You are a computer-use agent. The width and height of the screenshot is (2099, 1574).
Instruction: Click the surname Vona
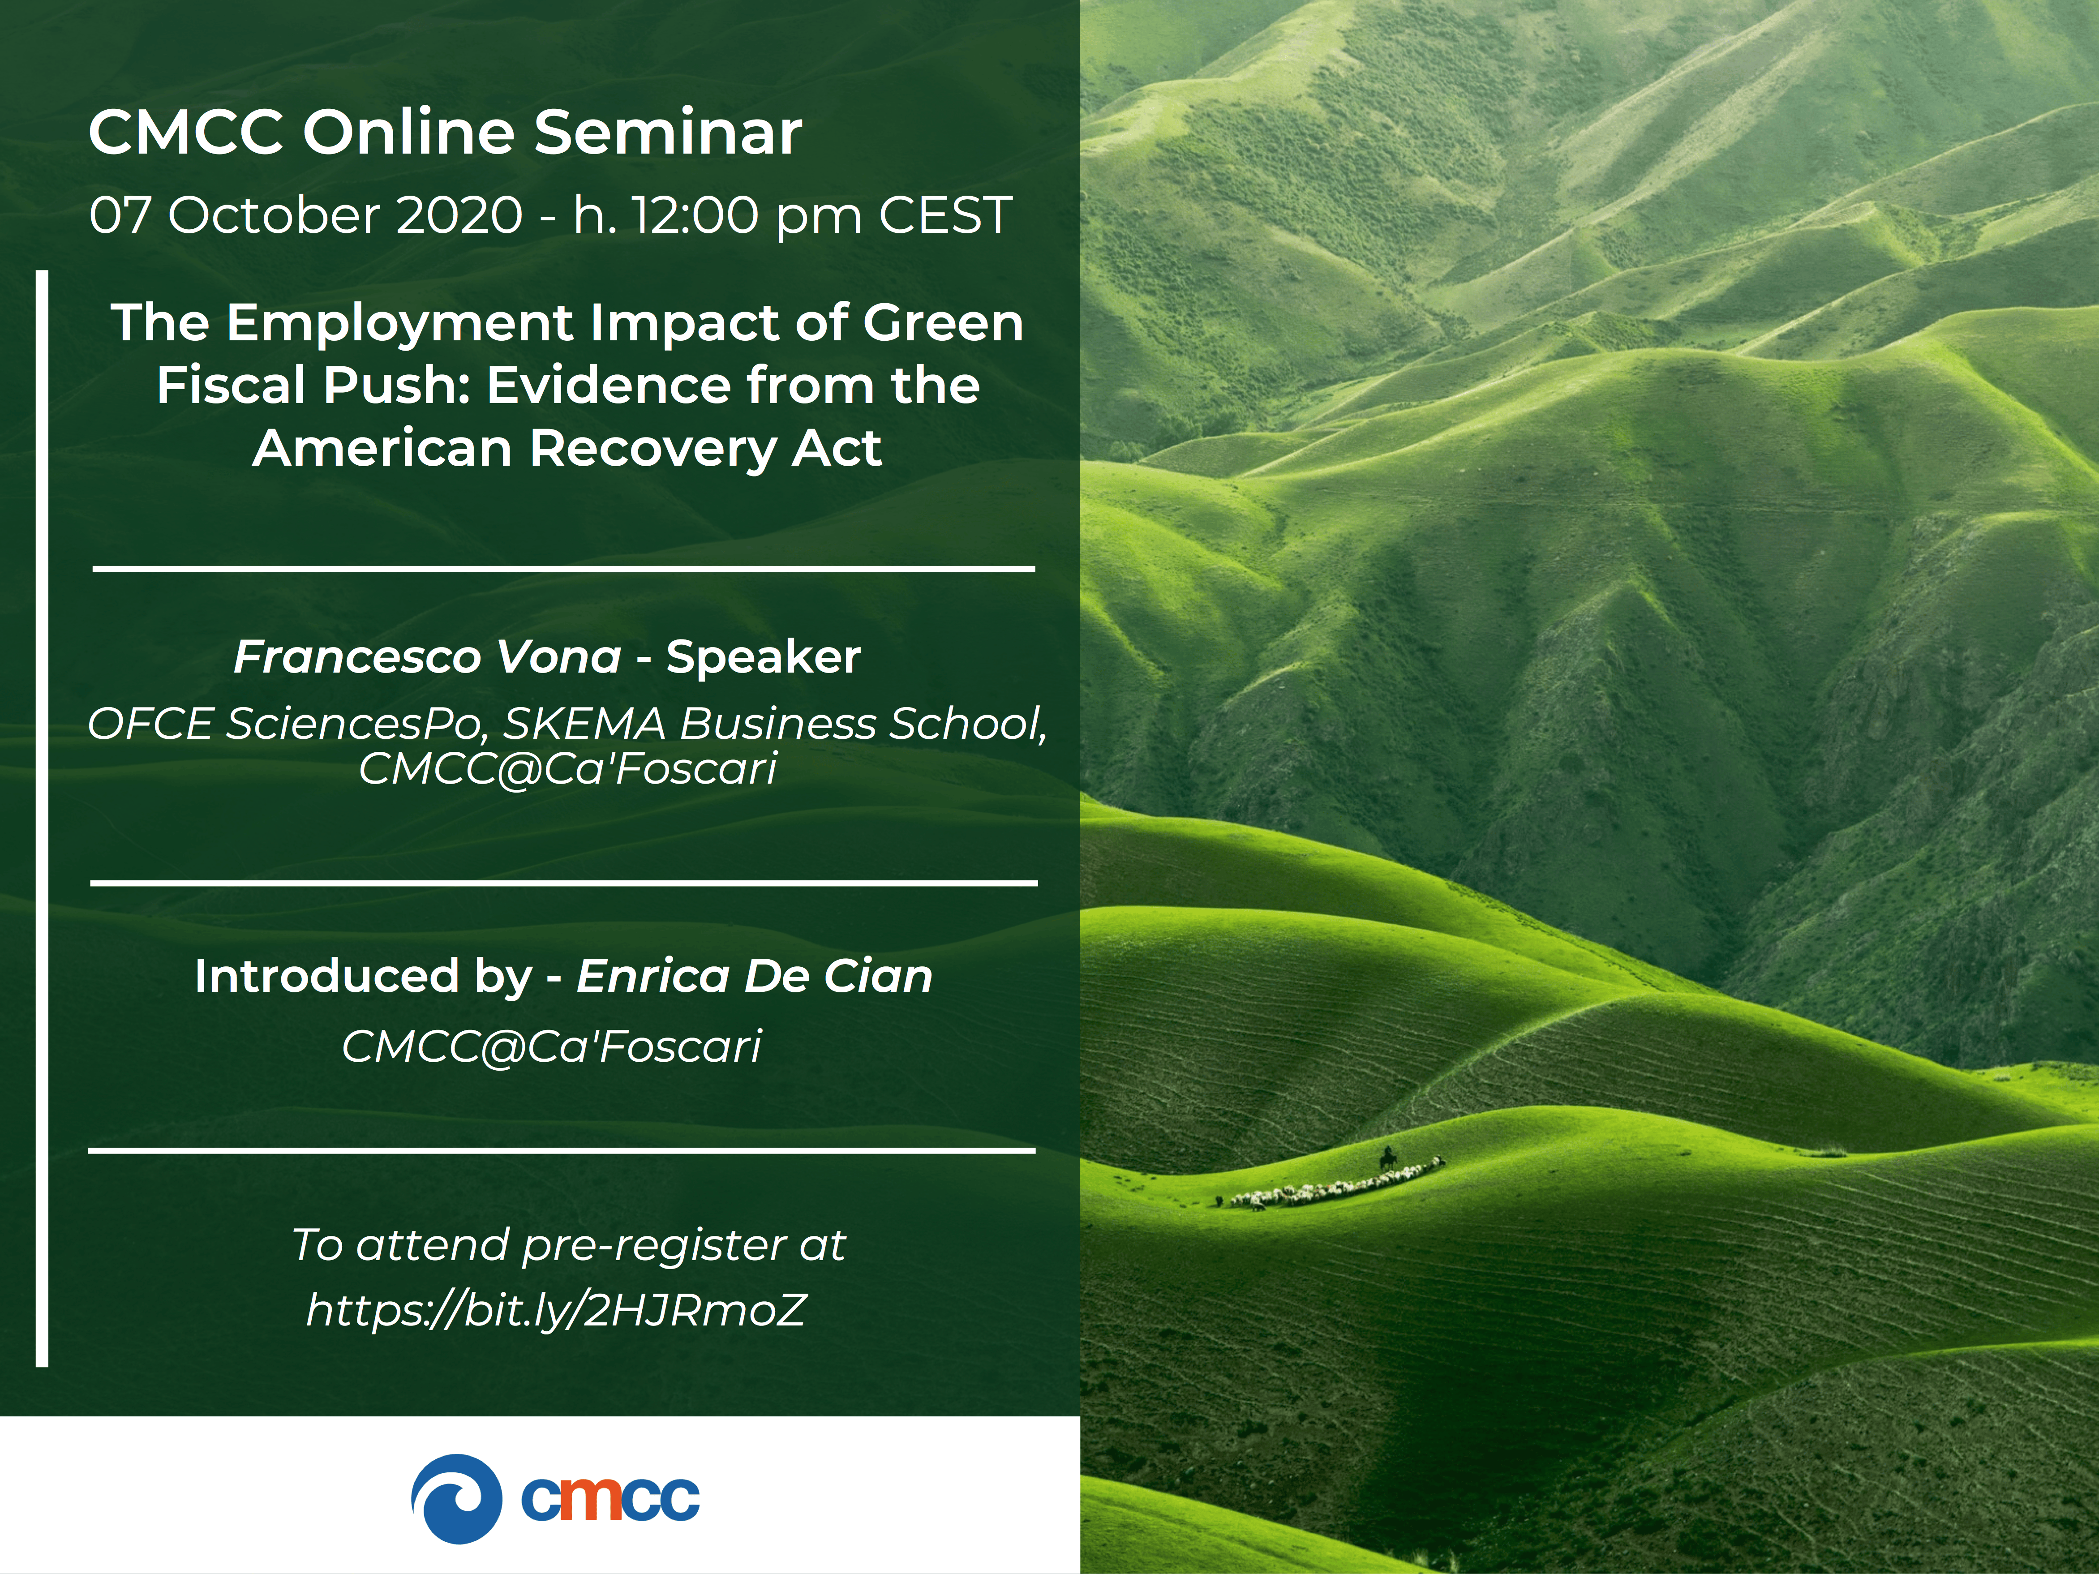coord(559,656)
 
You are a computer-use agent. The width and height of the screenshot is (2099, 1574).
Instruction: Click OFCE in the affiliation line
coord(150,724)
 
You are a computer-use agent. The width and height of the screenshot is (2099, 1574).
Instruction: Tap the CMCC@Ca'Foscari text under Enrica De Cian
coord(551,1046)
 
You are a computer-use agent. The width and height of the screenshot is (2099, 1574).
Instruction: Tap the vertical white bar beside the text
coord(42,818)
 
